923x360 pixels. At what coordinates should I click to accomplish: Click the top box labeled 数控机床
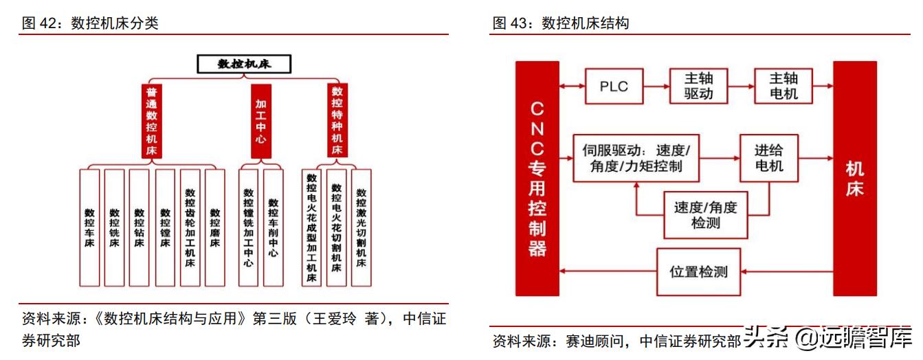(x=245, y=64)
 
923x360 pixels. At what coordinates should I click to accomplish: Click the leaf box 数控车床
(x=89, y=227)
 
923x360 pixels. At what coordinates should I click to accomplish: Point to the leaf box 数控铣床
(x=114, y=227)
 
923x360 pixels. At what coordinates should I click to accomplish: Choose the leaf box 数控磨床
(x=215, y=227)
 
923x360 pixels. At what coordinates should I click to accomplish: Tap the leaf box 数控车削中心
(x=273, y=227)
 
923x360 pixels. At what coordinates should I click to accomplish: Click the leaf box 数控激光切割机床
(x=361, y=227)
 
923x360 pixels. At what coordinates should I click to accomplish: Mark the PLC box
(x=614, y=86)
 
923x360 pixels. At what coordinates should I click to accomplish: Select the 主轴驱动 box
(x=698, y=86)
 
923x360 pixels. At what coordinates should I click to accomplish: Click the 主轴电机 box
(x=783, y=86)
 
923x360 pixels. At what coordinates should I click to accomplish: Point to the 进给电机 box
(x=768, y=158)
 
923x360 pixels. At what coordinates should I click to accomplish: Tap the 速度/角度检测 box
(x=705, y=214)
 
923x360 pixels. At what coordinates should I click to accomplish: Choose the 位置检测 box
(x=698, y=271)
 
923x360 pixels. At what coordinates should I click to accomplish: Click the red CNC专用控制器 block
(x=537, y=179)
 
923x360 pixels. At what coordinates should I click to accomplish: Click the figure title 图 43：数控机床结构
(x=561, y=23)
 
